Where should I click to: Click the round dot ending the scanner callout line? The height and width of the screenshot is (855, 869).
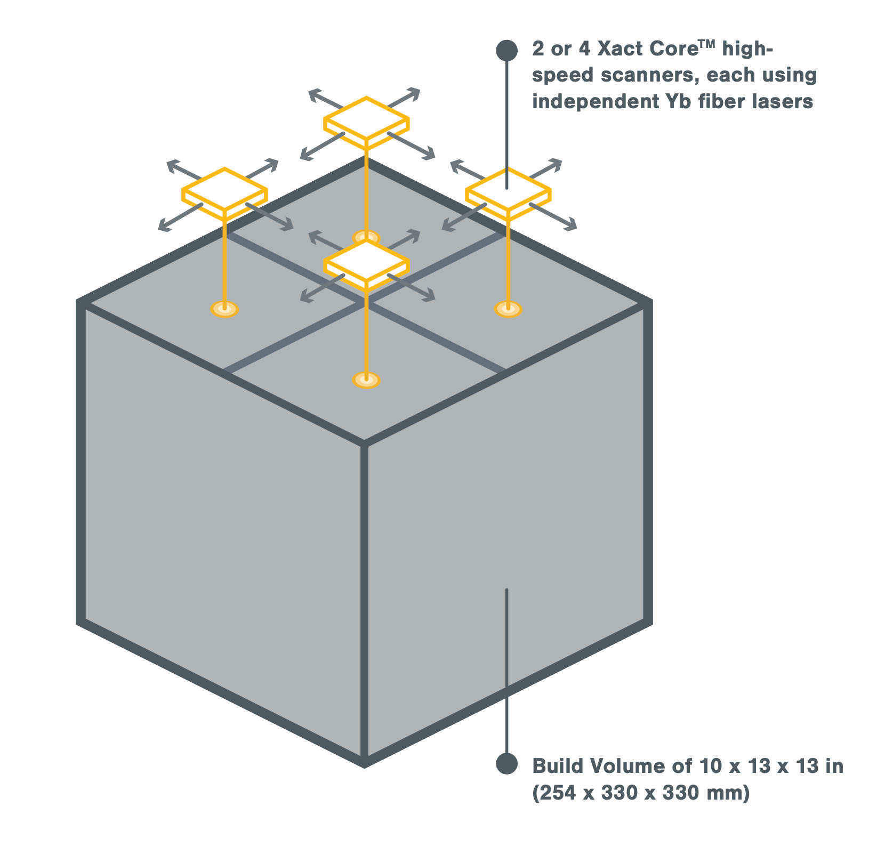[x=506, y=51]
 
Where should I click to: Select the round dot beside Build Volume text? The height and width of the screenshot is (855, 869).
[x=506, y=763]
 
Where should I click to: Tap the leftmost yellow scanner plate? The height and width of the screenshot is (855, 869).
[x=224, y=193]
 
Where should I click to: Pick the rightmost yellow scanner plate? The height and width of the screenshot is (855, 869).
[x=508, y=193]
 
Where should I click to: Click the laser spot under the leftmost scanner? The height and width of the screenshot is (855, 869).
[x=224, y=309]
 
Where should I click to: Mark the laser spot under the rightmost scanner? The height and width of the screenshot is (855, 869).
[x=508, y=309]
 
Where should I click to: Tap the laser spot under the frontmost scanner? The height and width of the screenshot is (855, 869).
[x=366, y=380]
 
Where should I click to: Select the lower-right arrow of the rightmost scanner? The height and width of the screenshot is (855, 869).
[x=553, y=216]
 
